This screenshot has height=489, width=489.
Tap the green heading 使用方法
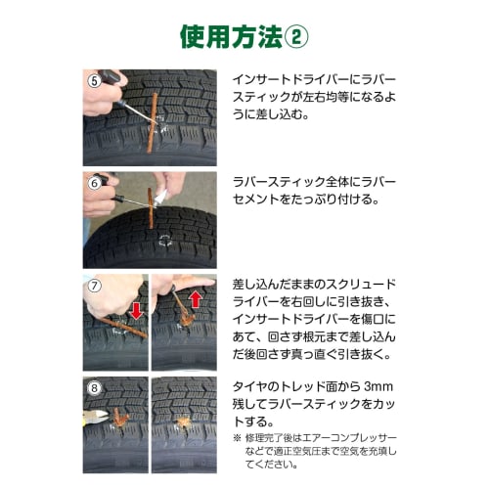[x=231, y=35]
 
